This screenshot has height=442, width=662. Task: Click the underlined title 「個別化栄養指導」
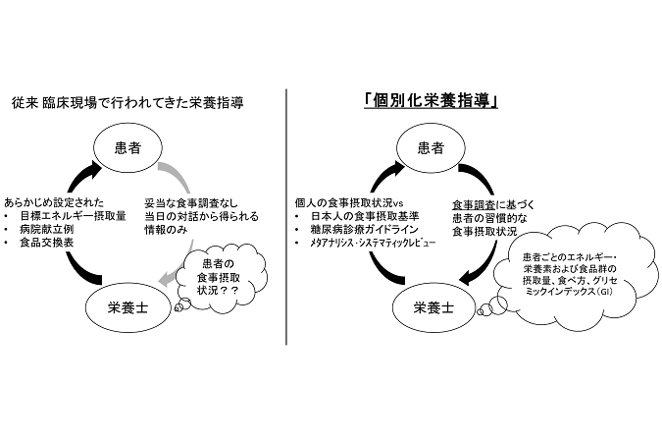[x=431, y=101]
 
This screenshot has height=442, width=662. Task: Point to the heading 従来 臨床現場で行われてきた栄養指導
[x=127, y=103]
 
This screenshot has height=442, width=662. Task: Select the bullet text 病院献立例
[x=47, y=229]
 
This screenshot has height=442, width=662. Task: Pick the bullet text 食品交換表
[x=47, y=243]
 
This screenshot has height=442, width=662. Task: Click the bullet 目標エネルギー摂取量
[x=73, y=216]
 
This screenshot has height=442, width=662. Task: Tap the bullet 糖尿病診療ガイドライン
[x=365, y=229]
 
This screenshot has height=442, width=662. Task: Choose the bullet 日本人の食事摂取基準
[x=365, y=216]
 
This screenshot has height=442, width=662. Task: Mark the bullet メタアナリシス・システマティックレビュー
[x=373, y=243]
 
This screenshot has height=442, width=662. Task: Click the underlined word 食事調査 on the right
[x=474, y=205]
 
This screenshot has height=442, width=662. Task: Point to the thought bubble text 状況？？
[x=218, y=290]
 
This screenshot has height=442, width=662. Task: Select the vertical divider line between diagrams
[x=286, y=216]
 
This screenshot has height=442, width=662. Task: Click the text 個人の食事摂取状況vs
[x=349, y=203]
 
